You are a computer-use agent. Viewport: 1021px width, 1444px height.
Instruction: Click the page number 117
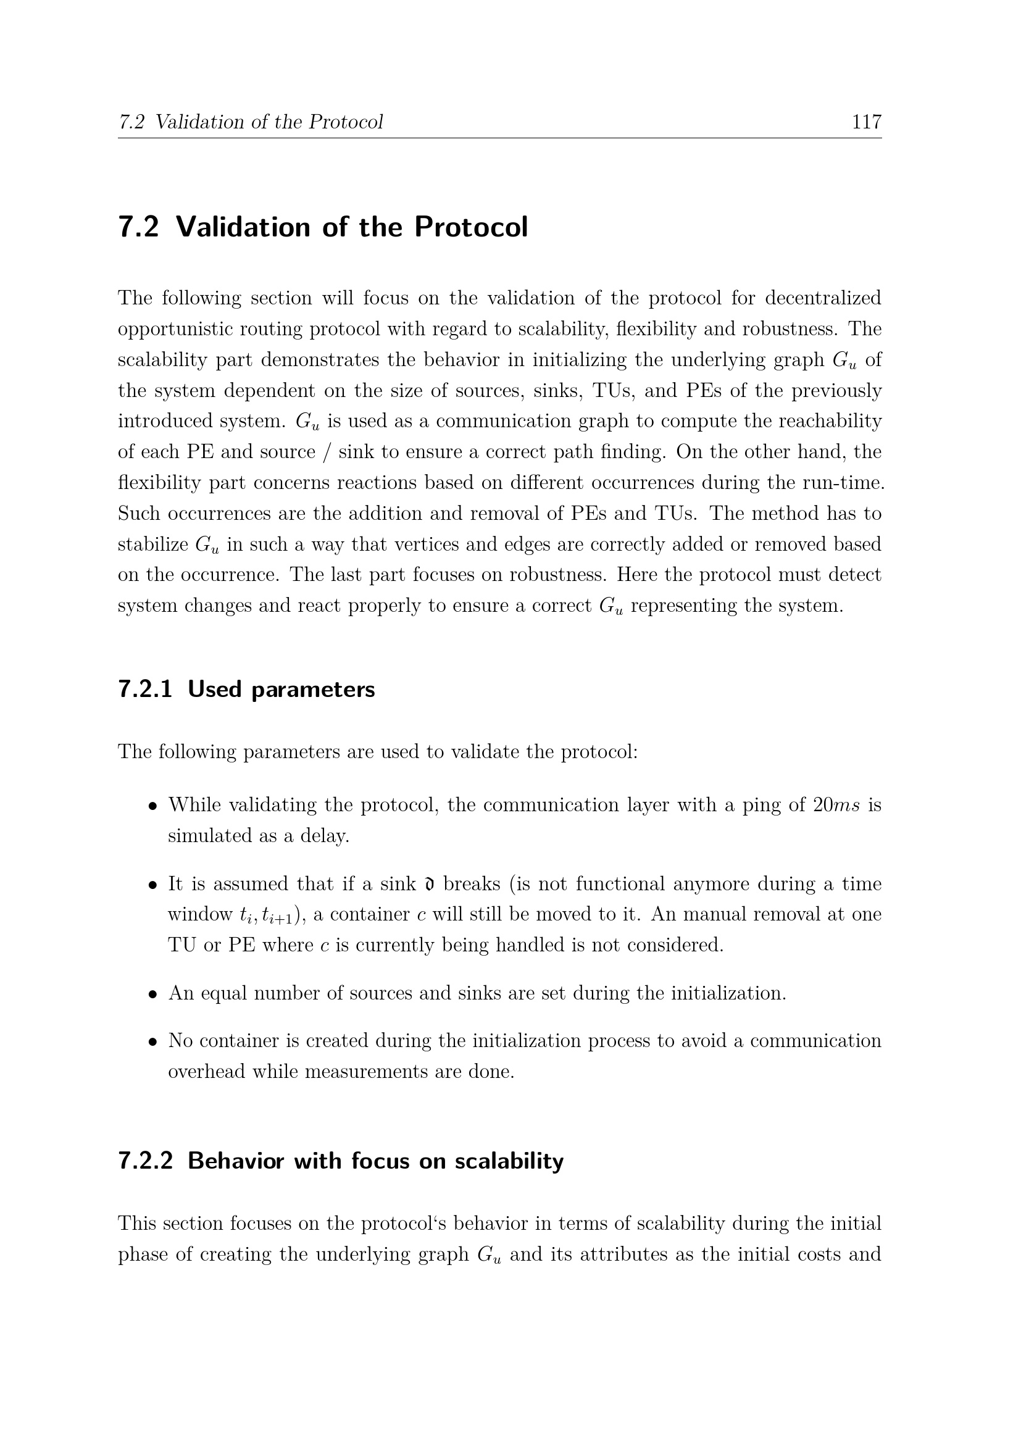pos(866,122)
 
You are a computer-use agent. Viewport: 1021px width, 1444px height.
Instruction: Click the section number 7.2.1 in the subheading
pos(145,690)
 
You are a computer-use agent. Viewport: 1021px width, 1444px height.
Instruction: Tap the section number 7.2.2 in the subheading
pos(145,1161)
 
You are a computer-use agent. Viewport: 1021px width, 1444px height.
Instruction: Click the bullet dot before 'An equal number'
pos(152,995)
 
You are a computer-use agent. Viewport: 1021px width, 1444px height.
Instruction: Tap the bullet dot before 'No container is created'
pos(152,1042)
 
